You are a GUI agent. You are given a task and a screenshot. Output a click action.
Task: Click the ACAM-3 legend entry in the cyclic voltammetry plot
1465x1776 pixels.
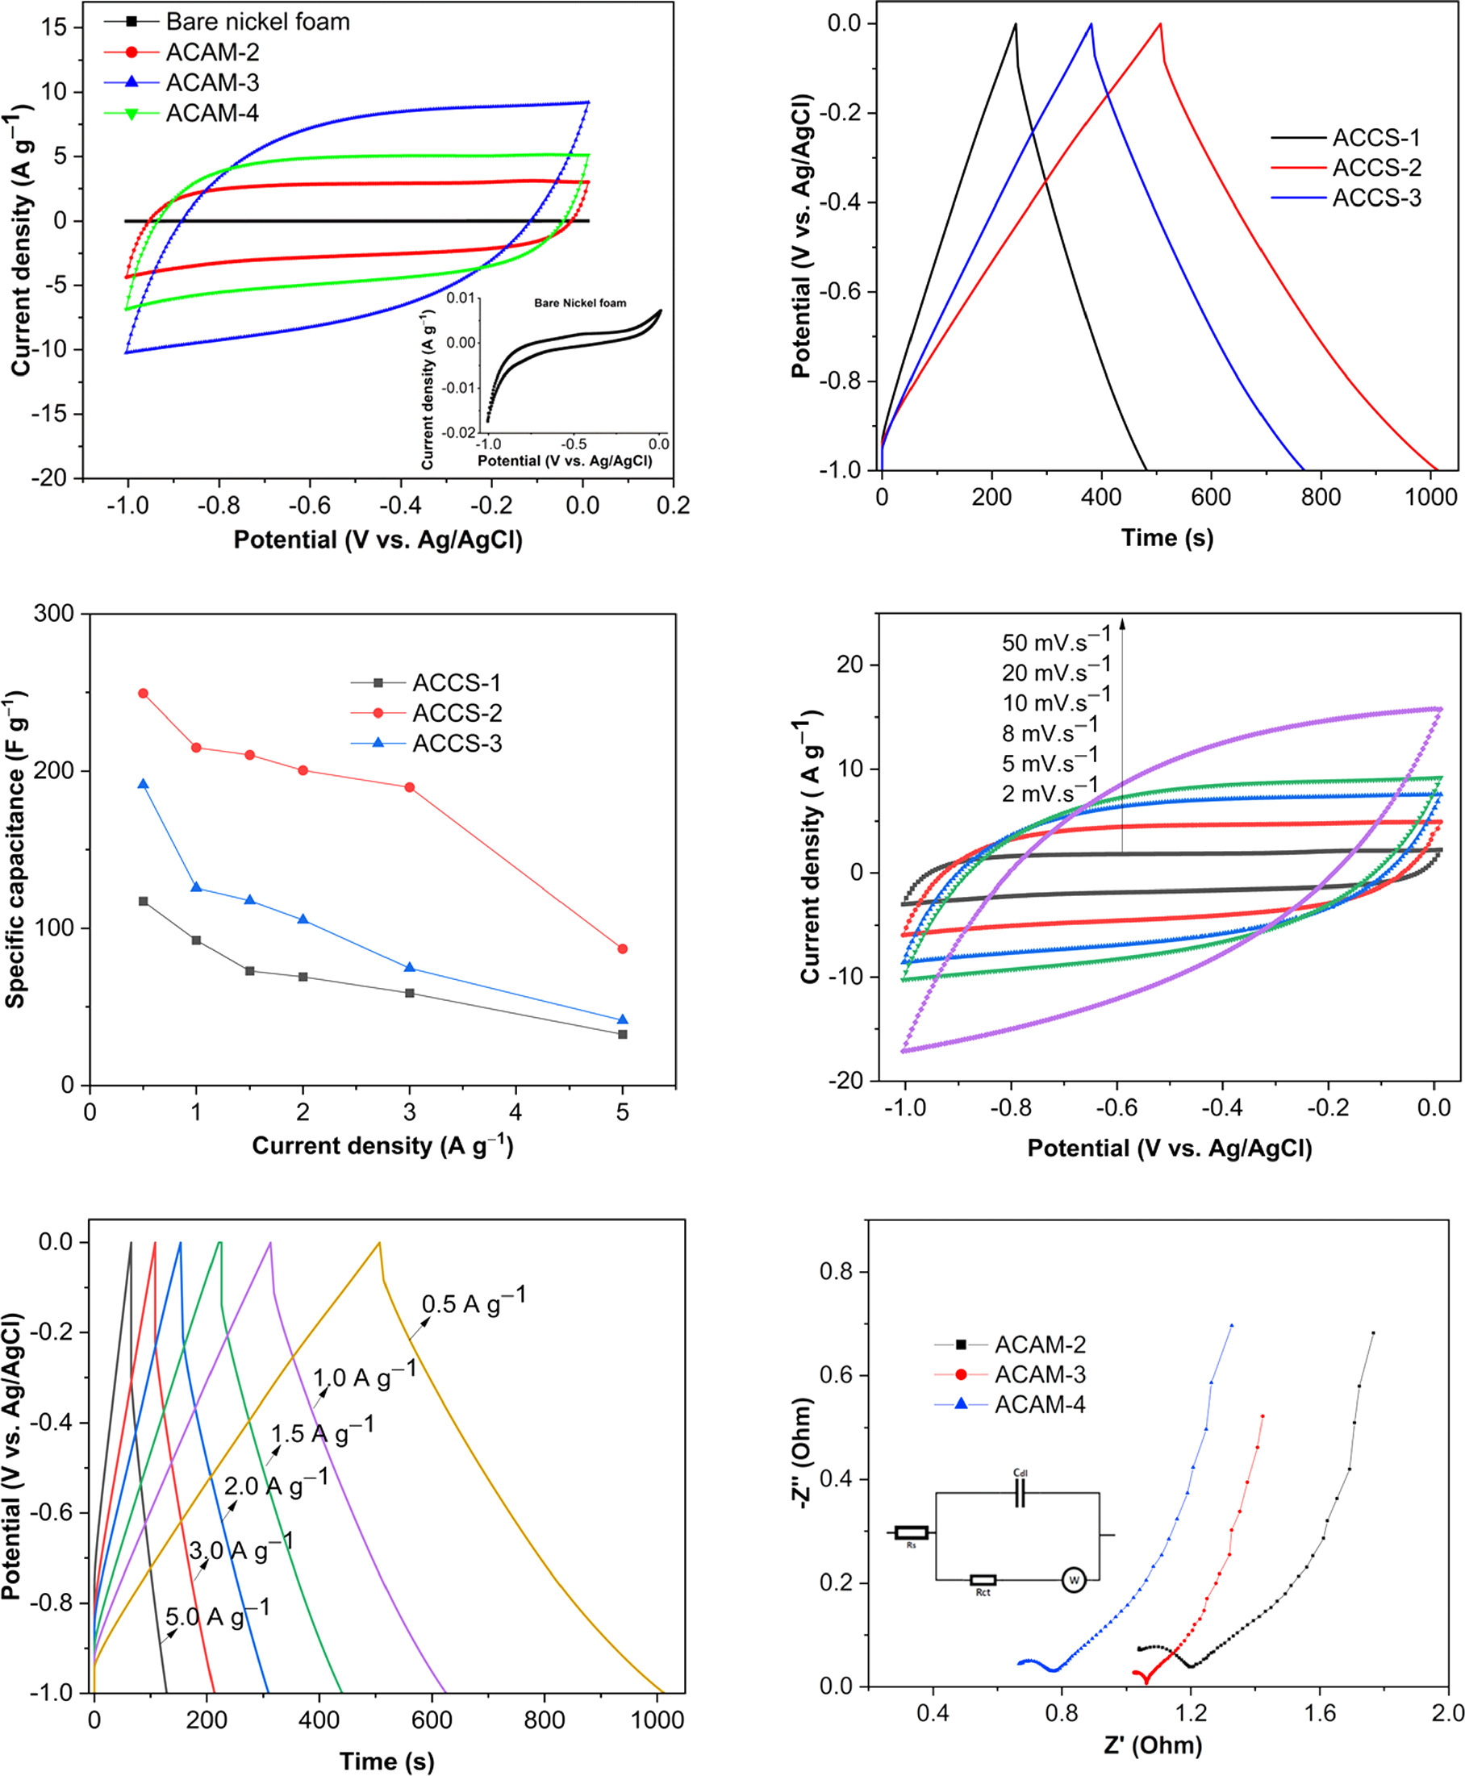click(211, 83)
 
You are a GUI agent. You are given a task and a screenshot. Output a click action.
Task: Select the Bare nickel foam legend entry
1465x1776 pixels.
click(257, 21)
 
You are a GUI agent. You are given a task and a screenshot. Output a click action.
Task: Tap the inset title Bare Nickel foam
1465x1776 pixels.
click(580, 303)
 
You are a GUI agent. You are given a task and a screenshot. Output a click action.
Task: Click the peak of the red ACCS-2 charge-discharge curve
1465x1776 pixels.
click(1160, 23)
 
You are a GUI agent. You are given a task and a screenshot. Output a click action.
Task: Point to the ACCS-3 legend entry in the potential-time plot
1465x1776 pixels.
click(1375, 198)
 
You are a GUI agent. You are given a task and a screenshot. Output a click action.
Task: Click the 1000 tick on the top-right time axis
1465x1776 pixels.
click(1430, 497)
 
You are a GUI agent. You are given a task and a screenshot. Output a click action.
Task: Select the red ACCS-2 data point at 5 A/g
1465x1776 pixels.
click(623, 949)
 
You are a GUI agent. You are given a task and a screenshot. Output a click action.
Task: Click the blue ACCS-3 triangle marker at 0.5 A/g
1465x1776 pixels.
click(144, 785)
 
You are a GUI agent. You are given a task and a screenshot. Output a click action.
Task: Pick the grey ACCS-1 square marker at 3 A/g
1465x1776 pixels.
click(410, 993)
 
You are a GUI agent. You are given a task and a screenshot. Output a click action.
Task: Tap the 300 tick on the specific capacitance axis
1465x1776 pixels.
click(54, 615)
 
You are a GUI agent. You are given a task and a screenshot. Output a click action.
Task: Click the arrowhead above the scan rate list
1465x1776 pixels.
click(1122, 623)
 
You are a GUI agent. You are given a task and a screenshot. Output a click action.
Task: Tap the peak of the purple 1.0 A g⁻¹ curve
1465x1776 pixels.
click(270, 1243)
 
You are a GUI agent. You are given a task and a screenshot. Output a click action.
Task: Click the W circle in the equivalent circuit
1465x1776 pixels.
click(1074, 1579)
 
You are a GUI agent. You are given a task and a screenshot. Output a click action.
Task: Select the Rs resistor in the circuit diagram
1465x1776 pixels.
click(912, 1532)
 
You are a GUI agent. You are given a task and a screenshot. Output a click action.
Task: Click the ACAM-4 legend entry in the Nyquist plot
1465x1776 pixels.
click(1039, 1405)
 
